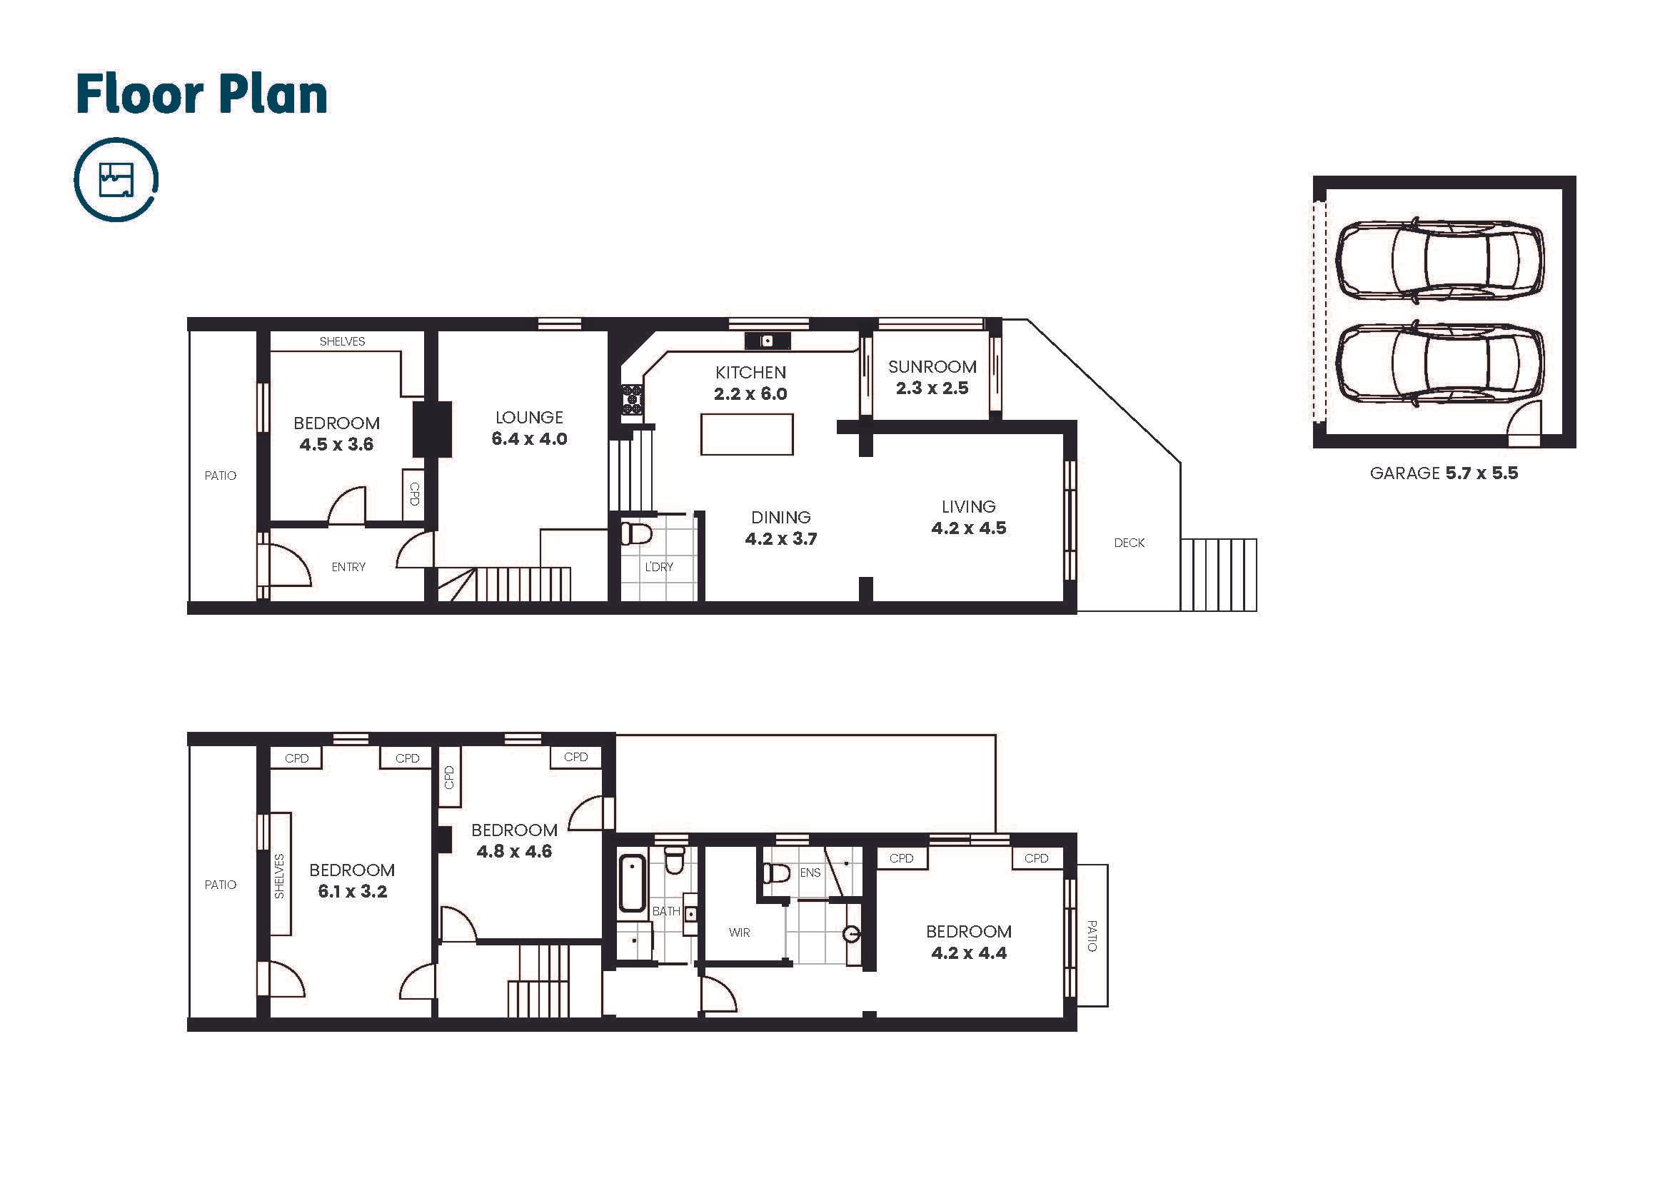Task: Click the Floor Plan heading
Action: (201, 94)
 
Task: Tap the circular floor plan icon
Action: (116, 179)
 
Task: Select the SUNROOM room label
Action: (932, 367)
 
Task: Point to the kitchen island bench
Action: (746, 434)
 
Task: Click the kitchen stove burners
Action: (632, 399)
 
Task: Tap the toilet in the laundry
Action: (635, 533)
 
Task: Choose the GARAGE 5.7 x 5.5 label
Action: (1444, 473)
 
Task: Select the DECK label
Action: (1129, 543)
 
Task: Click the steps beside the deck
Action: (1218, 575)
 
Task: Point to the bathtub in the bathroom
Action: (631, 883)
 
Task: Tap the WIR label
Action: (739, 933)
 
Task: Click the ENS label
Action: (810, 873)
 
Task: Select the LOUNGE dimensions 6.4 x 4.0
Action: (529, 438)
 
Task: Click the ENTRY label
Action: (348, 566)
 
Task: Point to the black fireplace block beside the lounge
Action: (432, 429)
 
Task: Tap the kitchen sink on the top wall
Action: (767, 341)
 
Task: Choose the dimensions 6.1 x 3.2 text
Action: (352, 892)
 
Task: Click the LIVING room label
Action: (968, 507)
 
